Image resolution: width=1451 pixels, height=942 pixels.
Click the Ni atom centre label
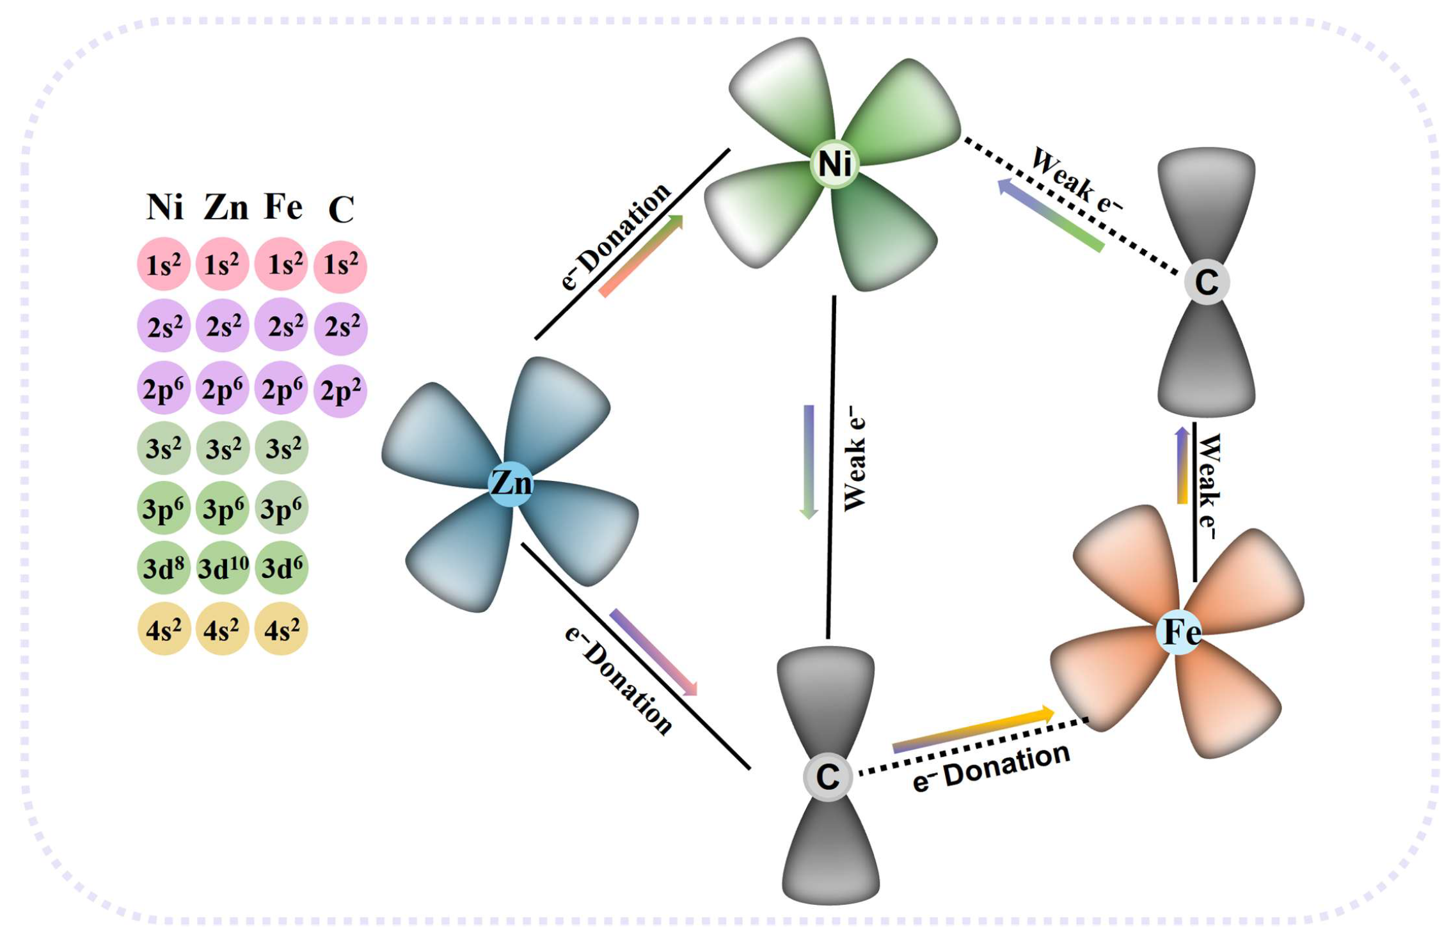pyautogui.click(x=834, y=164)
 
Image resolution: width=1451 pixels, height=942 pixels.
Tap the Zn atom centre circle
pyautogui.click(x=511, y=483)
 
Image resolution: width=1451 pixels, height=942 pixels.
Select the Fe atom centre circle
pyautogui.click(x=1180, y=632)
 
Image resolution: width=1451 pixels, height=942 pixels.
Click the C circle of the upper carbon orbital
pyautogui.click(x=1206, y=282)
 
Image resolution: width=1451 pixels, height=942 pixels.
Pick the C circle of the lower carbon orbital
pyautogui.click(x=827, y=776)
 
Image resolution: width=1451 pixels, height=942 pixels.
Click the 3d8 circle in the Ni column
pyautogui.click(x=164, y=567)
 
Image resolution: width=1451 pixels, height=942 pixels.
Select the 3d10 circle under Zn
pyautogui.click(x=223, y=567)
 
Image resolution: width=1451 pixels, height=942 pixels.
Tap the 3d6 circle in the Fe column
pyautogui.click(x=281, y=567)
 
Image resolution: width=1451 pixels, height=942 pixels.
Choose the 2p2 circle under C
pyautogui.click(x=340, y=390)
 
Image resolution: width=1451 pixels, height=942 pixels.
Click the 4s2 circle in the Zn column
pyautogui.click(x=222, y=629)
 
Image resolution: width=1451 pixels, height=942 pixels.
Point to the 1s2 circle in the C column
pyautogui.click(x=340, y=265)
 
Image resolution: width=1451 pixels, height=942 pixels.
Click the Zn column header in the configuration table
pyautogui.click(x=226, y=208)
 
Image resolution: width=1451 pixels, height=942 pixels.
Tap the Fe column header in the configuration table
pyautogui.click(x=283, y=207)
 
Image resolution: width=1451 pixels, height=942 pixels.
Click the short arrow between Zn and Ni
pyautogui.click(x=641, y=256)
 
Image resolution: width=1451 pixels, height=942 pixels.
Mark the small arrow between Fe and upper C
pyautogui.click(x=1182, y=466)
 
